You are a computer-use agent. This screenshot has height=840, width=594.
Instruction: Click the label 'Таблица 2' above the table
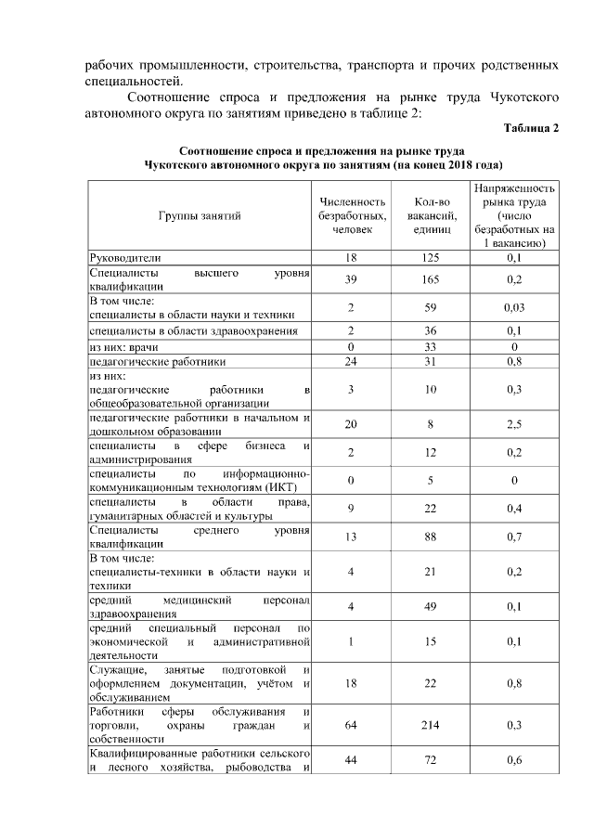(x=531, y=127)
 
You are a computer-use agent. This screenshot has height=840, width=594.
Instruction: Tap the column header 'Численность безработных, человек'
(x=351, y=215)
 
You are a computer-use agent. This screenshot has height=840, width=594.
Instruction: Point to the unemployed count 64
(x=351, y=724)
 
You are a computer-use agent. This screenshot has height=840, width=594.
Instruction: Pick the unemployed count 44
(x=351, y=760)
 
